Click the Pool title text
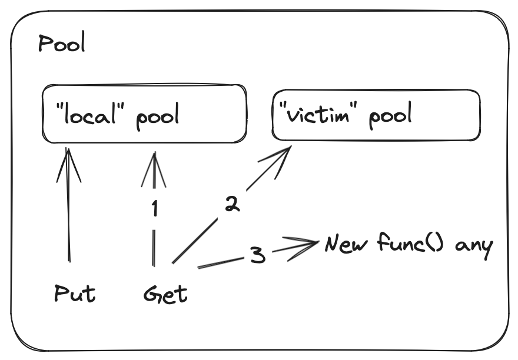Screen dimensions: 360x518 pyautogui.click(x=61, y=44)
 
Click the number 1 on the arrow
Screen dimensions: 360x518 pyautogui.click(x=155, y=209)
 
